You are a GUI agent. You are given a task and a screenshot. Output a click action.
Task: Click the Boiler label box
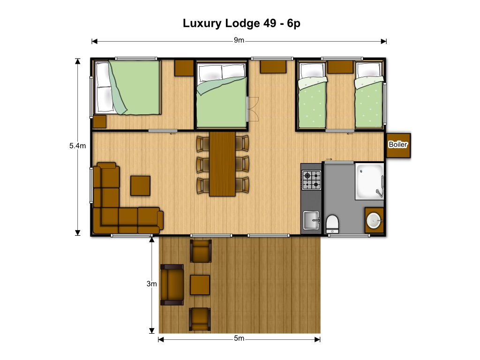coord(398,145)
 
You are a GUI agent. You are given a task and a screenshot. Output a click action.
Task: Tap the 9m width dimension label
coord(239,40)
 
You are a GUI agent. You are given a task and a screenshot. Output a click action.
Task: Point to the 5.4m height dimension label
coord(77,146)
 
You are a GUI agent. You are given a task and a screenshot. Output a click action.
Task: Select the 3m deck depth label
coord(151,284)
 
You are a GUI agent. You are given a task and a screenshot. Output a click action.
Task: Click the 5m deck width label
coord(239,338)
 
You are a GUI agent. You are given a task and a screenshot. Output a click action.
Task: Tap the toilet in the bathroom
coord(332,224)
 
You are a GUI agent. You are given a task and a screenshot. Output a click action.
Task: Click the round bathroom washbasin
coord(374,220)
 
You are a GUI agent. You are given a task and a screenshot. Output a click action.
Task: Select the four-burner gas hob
coord(311,180)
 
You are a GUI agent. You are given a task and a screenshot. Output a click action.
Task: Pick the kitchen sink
coord(311,220)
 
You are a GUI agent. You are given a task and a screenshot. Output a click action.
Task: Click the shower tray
coord(369,181)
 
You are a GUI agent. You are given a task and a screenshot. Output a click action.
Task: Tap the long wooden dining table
coord(222,164)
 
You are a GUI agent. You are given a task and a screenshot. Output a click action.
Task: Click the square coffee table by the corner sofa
coord(140,186)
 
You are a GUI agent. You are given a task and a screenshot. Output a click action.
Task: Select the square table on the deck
coord(200,285)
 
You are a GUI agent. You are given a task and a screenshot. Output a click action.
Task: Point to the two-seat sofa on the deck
coord(172,285)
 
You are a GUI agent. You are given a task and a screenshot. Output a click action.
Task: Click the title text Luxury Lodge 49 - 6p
coord(241,23)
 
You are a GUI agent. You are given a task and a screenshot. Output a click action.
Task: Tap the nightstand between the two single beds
coord(340,67)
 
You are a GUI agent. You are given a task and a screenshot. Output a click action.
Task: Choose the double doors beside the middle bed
coord(253,109)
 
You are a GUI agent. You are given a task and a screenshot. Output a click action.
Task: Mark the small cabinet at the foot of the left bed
coord(99,121)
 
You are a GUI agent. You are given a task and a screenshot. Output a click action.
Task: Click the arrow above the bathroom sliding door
coord(329,159)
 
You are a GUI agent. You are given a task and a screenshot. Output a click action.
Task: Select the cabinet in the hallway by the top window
coord(273,67)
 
